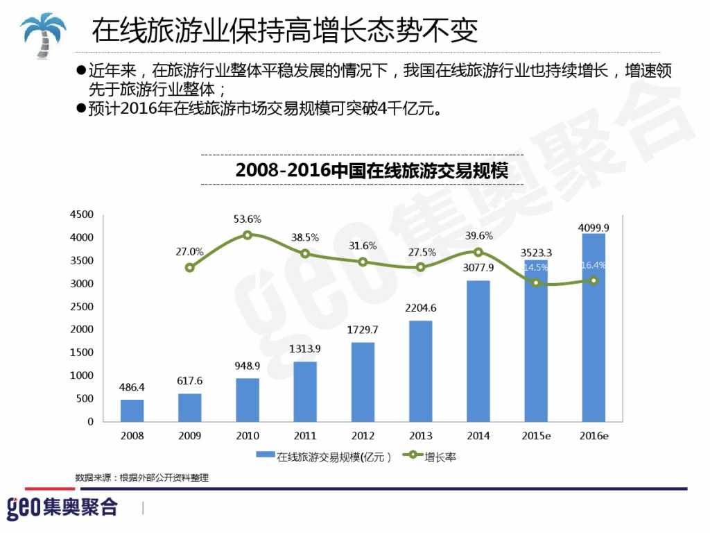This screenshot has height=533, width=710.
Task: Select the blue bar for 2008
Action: (x=132, y=410)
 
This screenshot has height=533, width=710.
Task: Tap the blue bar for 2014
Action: (x=478, y=350)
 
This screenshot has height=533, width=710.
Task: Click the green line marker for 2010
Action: (x=248, y=235)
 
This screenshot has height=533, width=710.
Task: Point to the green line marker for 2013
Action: (x=421, y=267)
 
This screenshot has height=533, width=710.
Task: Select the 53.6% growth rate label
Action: (x=248, y=219)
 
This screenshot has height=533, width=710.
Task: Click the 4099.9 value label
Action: (x=594, y=227)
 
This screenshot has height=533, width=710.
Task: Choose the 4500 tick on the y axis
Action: (x=82, y=214)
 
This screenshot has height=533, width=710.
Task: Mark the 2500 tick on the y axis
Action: (x=82, y=307)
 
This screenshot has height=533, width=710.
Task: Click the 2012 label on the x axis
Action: (x=363, y=436)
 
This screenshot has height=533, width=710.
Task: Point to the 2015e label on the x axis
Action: (x=536, y=436)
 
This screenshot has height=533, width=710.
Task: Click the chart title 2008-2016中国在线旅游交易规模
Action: (x=372, y=170)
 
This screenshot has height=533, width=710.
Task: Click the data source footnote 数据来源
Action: (x=141, y=477)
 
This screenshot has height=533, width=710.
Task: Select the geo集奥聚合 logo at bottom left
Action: (x=62, y=507)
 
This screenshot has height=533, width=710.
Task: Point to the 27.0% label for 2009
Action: (x=189, y=252)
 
